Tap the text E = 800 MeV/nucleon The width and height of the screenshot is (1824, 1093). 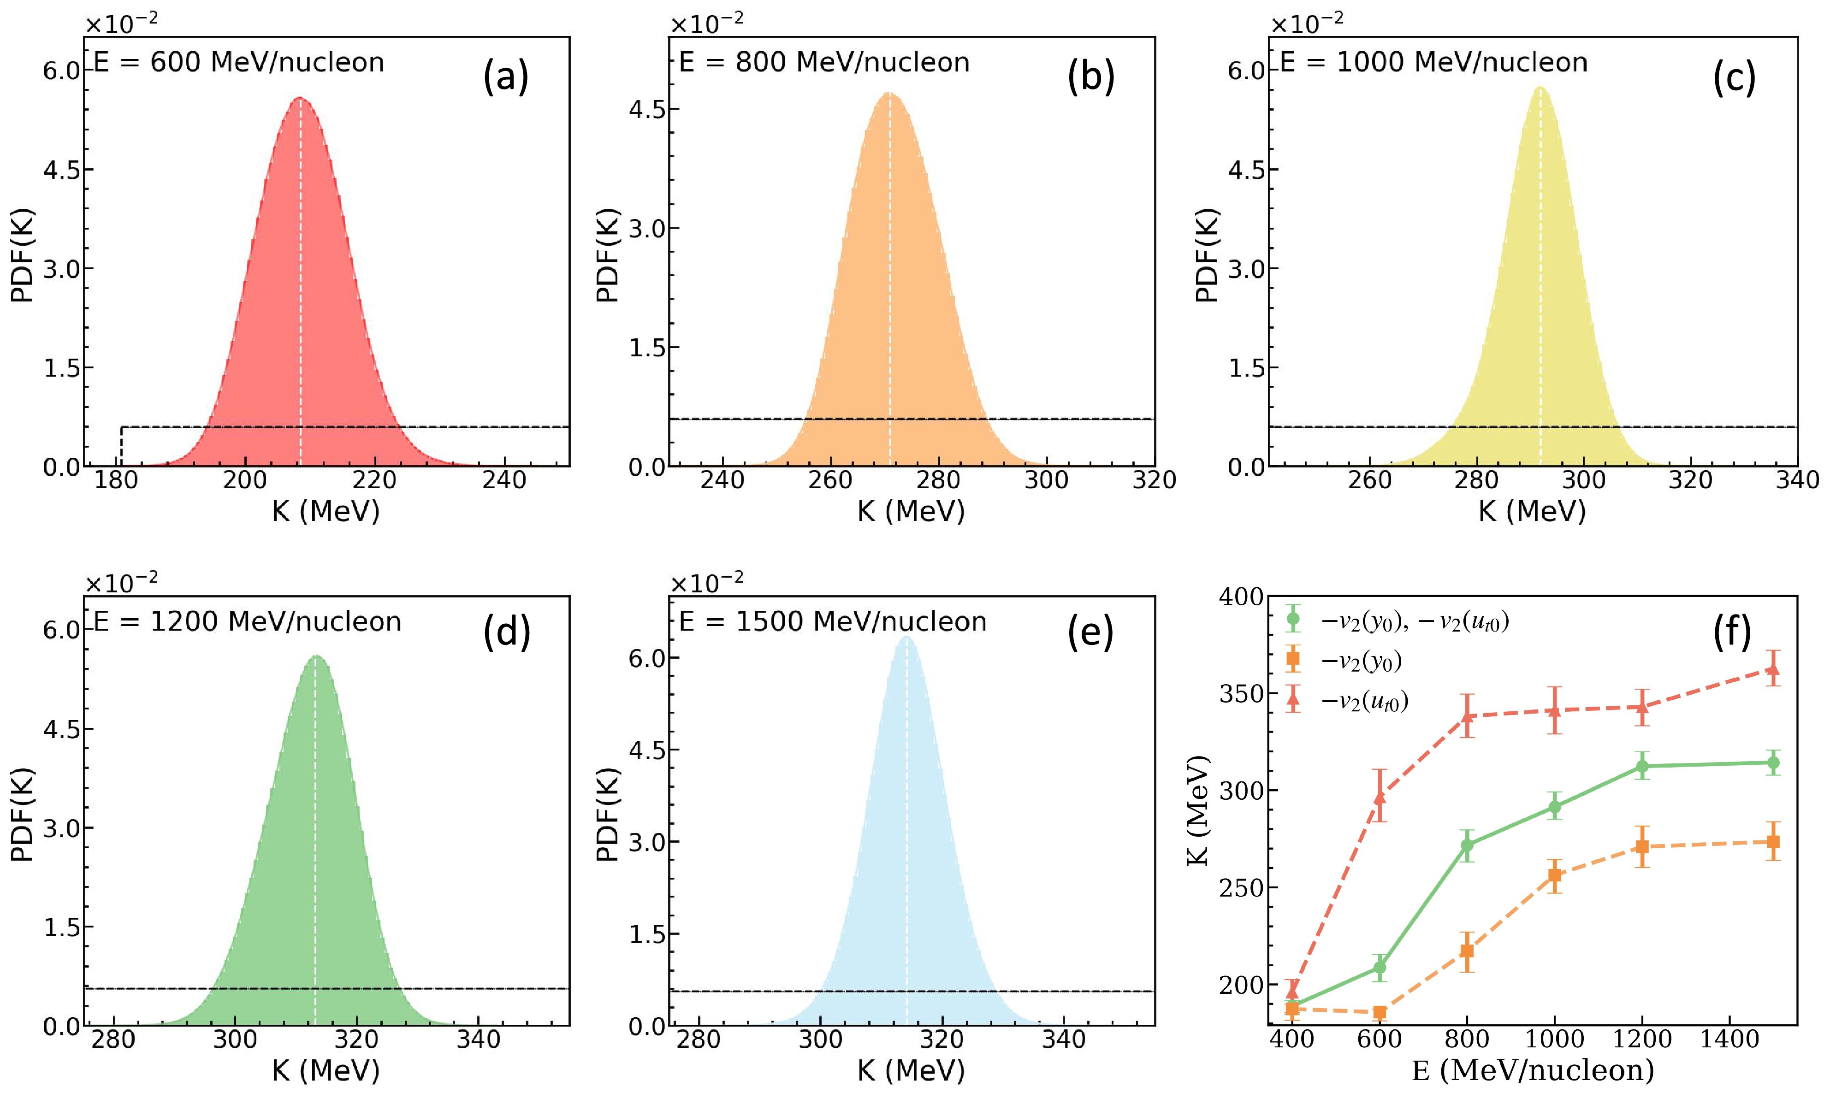pos(823,63)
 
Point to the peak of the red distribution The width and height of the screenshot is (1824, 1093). pos(300,98)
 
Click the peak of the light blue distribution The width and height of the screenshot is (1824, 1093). pos(906,636)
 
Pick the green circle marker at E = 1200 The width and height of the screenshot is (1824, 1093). pos(1642,766)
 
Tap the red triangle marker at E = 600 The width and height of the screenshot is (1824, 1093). pos(1379,797)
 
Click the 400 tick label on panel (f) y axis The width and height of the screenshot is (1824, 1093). pos(1241,597)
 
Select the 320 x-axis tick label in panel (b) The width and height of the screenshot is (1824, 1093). pos(1154,480)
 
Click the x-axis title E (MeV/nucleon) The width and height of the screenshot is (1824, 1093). pos(1532,1070)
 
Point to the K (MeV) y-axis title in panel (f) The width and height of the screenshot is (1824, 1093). pos(1199,810)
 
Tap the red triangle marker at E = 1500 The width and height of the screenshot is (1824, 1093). pos(1772,669)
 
